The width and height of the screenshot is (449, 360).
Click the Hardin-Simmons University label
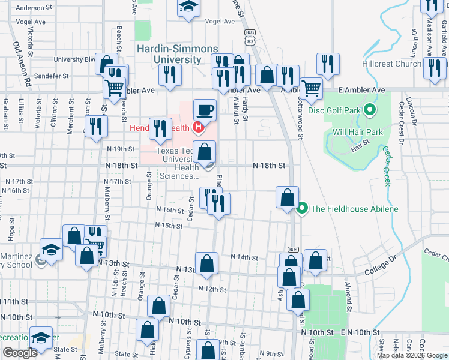[169, 54]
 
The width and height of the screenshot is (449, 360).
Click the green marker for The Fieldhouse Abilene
[302, 209]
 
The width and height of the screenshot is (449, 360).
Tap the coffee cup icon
[205, 110]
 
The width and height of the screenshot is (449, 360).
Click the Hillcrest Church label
[391, 64]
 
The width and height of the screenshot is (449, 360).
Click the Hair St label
[360, 142]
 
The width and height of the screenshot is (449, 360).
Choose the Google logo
[20, 353]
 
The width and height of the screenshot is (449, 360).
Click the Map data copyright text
[412, 355]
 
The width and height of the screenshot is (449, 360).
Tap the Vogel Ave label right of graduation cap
[220, 21]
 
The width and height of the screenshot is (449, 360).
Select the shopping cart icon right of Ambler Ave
[310, 89]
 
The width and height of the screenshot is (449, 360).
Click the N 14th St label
[245, 257]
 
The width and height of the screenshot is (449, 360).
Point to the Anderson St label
[31, 8]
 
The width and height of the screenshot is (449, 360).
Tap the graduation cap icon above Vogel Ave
[188, 7]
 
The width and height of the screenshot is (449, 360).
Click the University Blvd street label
[75, 59]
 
